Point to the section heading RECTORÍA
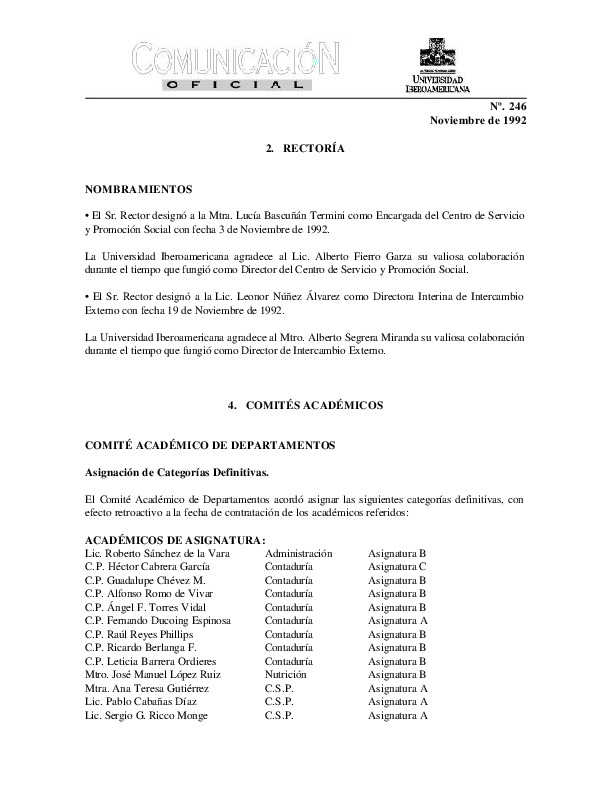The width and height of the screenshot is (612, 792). (x=306, y=148)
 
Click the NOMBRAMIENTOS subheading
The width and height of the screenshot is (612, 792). (x=138, y=189)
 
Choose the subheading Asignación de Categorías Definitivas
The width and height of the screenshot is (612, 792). (x=176, y=471)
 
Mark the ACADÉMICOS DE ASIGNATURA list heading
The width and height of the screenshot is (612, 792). (x=161, y=540)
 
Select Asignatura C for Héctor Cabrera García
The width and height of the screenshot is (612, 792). (x=397, y=566)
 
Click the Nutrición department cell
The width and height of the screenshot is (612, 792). (x=287, y=674)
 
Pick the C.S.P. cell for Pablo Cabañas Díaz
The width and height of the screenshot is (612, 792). (x=279, y=701)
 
